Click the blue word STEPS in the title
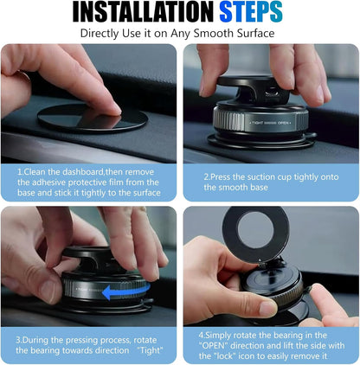click(x=250, y=12)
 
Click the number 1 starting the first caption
click(x=19, y=172)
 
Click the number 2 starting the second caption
click(x=206, y=176)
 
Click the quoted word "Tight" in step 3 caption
click(x=147, y=351)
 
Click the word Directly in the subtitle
click(x=102, y=34)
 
